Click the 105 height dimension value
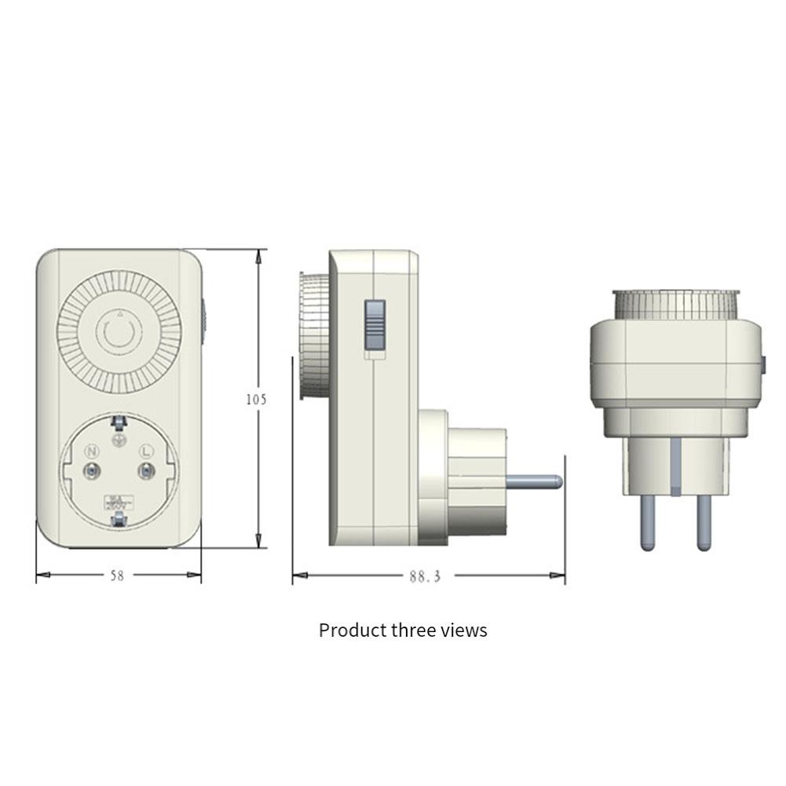pos(255,399)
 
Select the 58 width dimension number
pos(116,576)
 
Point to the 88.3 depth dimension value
pos(425,576)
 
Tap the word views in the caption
pos(463,630)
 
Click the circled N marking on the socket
pos(92,451)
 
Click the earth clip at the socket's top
pos(119,423)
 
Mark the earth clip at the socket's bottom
pos(119,521)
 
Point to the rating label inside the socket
pos(118,500)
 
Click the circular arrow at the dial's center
pos(119,333)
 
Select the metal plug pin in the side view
pos(534,479)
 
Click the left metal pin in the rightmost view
pos(647,522)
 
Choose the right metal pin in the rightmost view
pos(703,522)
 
